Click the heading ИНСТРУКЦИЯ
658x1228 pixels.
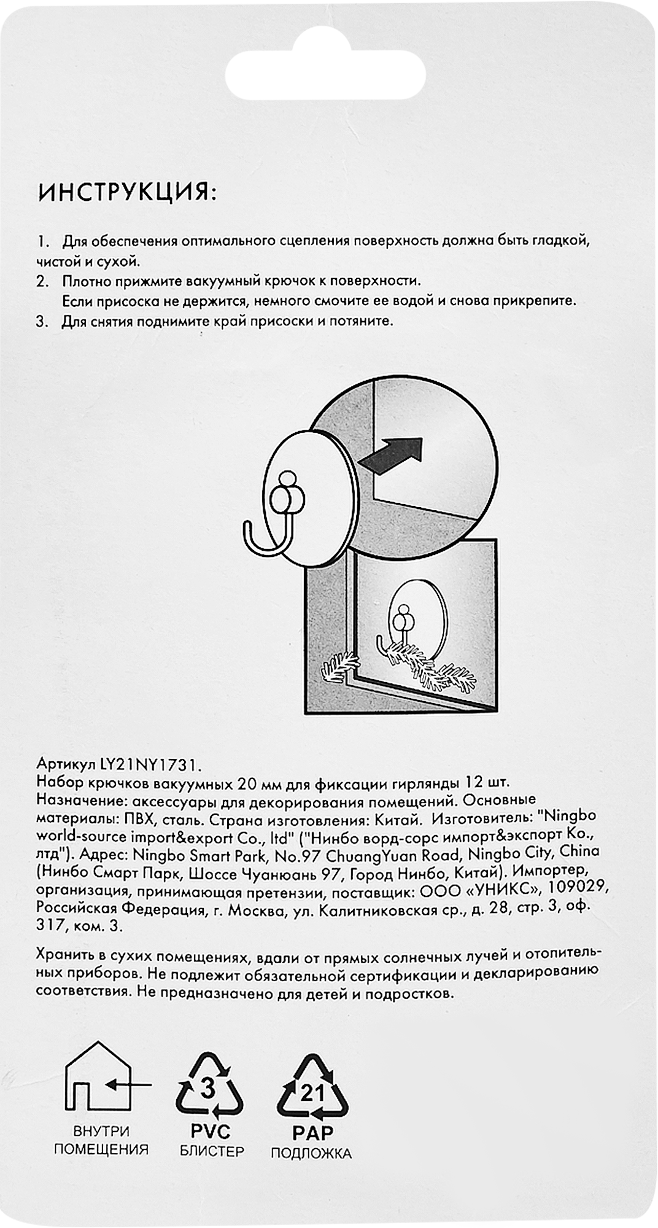[x=127, y=193]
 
